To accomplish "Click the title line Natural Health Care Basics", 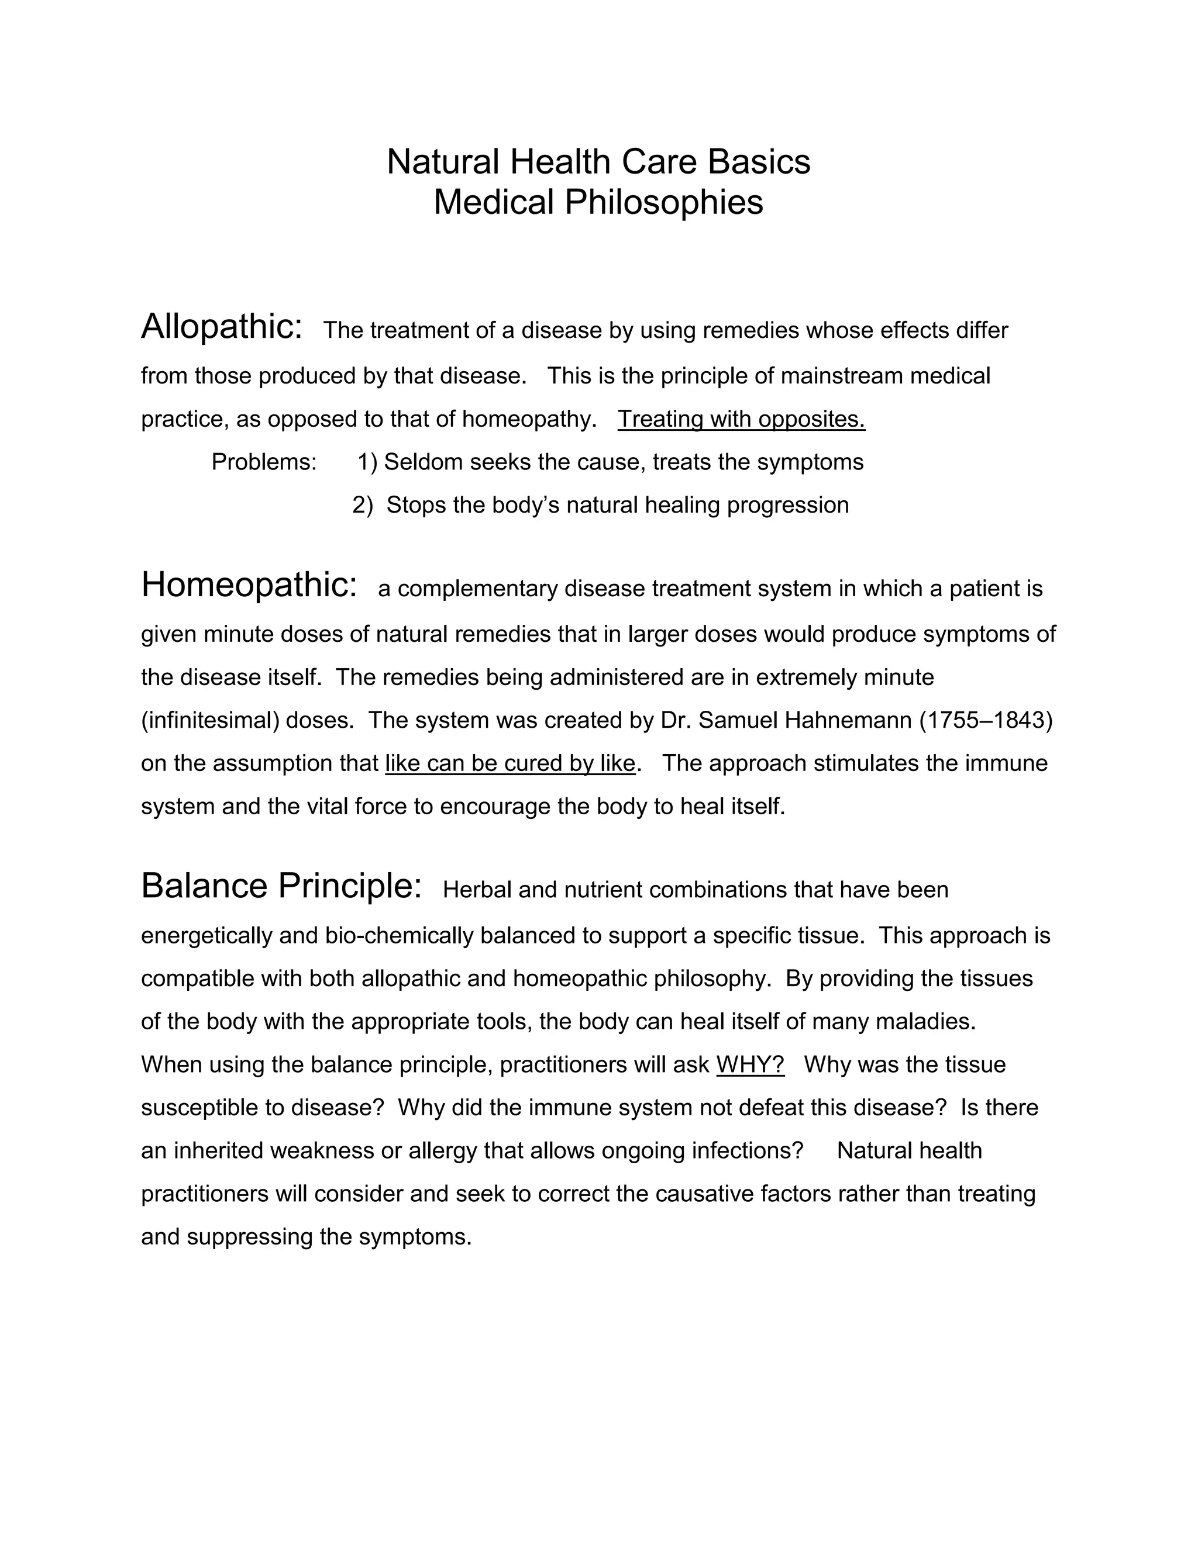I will point(598,162).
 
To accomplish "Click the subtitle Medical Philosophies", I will point(598,202).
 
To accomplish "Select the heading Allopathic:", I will point(222,327).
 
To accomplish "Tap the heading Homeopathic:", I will point(249,585).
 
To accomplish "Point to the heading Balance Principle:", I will point(282,887).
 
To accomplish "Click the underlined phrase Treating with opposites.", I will point(741,419).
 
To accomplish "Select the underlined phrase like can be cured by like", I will point(510,763).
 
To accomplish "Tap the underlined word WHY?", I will point(750,1064).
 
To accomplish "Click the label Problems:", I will point(264,462).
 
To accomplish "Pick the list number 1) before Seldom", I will point(367,462).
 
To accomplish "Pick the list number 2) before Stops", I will point(363,505).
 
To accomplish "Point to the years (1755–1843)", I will point(986,721).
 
